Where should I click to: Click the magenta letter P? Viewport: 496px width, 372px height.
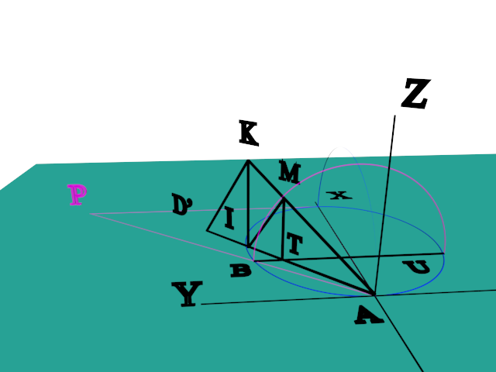pos(77,195)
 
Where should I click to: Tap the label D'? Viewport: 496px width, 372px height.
pos(183,205)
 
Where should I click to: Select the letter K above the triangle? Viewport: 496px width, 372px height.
pos(248,134)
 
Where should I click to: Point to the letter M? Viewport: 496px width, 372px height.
pos(289,173)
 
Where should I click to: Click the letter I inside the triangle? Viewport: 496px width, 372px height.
pos(229,219)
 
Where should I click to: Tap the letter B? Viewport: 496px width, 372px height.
pos(240,270)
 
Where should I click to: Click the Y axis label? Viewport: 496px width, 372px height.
pos(187,294)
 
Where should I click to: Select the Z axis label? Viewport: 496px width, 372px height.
pos(415,94)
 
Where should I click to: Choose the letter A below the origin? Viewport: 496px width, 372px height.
pos(368,315)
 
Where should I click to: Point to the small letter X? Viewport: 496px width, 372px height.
pos(338,195)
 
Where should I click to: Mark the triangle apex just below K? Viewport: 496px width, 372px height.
pos(248,160)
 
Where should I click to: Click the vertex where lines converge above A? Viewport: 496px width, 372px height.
pos(375,294)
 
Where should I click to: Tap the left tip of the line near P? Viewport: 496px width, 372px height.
pos(90,213)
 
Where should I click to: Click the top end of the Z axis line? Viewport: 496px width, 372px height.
pos(395,116)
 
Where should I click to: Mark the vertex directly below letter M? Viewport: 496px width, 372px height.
pos(284,199)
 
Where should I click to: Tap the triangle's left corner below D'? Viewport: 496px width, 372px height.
pos(207,230)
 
